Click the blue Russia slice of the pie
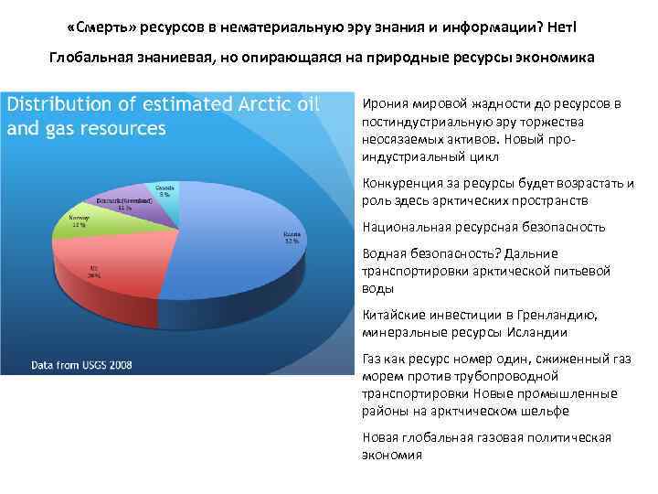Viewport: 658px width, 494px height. click(x=247, y=265)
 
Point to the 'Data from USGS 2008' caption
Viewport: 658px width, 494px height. click(x=82, y=365)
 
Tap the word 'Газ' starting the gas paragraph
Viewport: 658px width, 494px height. click(x=374, y=359)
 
